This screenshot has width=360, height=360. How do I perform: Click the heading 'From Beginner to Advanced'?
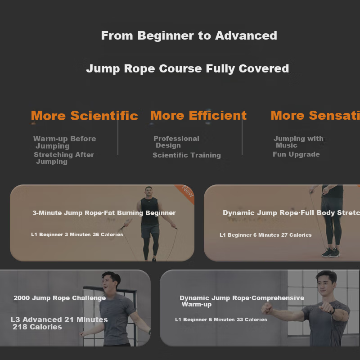click(189, 36)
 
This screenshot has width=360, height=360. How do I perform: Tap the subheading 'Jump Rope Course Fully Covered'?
click(187, 69)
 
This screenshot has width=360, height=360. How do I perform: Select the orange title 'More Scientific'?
click(85, 116)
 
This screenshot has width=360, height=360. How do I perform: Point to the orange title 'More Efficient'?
click(198, 115)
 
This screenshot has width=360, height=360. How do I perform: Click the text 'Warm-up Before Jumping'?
click(64, 142)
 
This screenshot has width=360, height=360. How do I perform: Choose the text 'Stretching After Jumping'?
click(64, 158)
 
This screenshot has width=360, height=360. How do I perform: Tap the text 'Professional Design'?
click(176, 142)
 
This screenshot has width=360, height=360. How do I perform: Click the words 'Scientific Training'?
click(187, 155)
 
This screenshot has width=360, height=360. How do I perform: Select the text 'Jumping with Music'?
click(298, 142)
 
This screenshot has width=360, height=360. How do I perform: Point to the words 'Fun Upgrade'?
click(296, 154)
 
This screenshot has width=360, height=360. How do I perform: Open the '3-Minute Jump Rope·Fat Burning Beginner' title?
click(104, 213)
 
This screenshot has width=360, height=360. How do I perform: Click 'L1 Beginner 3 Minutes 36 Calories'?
click(77, 234)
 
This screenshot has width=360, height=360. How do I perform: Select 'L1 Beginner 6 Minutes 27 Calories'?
click(265, 235)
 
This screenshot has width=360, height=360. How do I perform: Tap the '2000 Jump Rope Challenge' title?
click(59, 298)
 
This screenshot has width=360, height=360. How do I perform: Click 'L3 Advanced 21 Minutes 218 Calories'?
click(59, 323)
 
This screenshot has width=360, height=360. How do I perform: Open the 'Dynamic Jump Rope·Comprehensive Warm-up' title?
click(242, 301)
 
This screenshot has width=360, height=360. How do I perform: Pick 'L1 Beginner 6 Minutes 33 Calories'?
click(221, 319)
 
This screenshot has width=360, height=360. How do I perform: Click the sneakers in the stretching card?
click(331, 252)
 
